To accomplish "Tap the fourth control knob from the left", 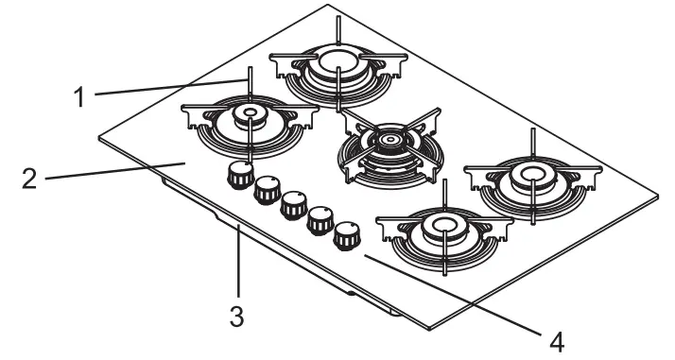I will (321, 218).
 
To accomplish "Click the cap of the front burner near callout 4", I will (442, 224).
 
